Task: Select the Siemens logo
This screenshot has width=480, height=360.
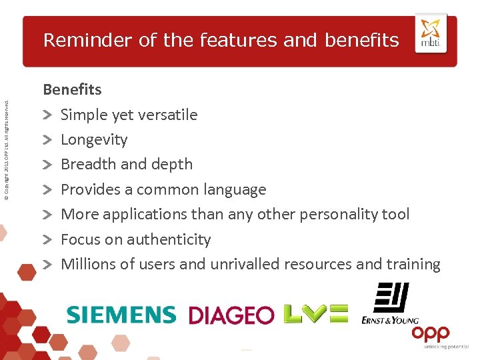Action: (121, 314)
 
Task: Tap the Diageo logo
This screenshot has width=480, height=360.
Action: (231, 315)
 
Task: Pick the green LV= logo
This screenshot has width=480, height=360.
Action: (315, 313)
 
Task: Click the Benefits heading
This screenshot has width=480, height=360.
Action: (73, 89)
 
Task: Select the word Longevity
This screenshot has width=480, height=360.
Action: (94, 140)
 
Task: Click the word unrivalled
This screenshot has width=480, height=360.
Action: (245, 264)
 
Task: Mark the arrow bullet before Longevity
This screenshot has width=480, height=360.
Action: (48, 140)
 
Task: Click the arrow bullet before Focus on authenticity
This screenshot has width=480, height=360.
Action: (48, 239)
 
